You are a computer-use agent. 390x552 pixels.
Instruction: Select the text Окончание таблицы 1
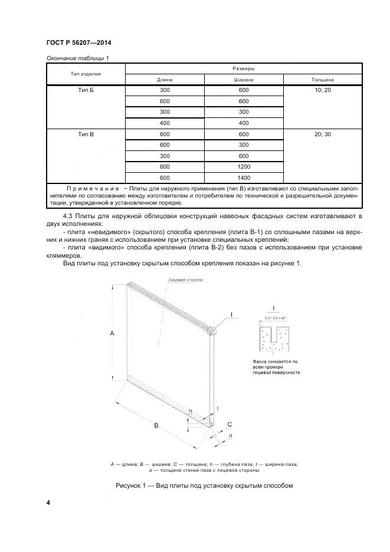77,58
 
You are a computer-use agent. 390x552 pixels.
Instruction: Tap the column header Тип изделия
86,74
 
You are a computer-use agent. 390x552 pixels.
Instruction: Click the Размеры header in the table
243,68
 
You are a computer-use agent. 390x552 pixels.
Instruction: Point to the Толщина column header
323,79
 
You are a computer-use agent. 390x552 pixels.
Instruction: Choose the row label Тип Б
86,90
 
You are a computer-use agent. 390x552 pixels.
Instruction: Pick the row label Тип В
86,134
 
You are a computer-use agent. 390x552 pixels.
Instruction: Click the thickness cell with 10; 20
323,90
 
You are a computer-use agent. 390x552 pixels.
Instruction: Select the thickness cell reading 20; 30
323,134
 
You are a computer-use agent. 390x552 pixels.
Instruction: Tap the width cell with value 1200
244,166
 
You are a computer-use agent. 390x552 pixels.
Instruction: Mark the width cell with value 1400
244,178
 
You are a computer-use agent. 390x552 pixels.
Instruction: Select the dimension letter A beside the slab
112,333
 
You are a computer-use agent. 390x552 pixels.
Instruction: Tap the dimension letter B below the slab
156,425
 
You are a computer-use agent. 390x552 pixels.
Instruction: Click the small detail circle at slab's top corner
212,331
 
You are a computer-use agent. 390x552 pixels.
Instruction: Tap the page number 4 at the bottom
48,502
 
